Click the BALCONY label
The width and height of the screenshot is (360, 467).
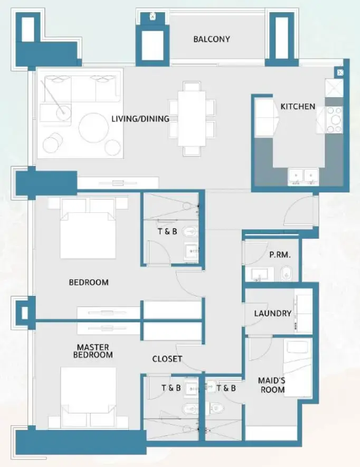211,39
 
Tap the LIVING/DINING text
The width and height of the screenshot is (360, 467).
140,119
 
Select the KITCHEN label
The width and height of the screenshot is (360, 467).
298,107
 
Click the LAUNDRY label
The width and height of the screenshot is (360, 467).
272,313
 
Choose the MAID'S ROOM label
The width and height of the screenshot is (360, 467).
271,385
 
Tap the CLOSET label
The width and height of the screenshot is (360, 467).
167,359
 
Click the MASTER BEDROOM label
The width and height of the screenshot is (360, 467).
93,351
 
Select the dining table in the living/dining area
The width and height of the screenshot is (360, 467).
191,118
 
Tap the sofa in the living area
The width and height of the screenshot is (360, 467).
82,89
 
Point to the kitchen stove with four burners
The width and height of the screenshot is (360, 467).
334,119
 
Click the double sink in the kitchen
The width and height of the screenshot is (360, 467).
303,175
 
